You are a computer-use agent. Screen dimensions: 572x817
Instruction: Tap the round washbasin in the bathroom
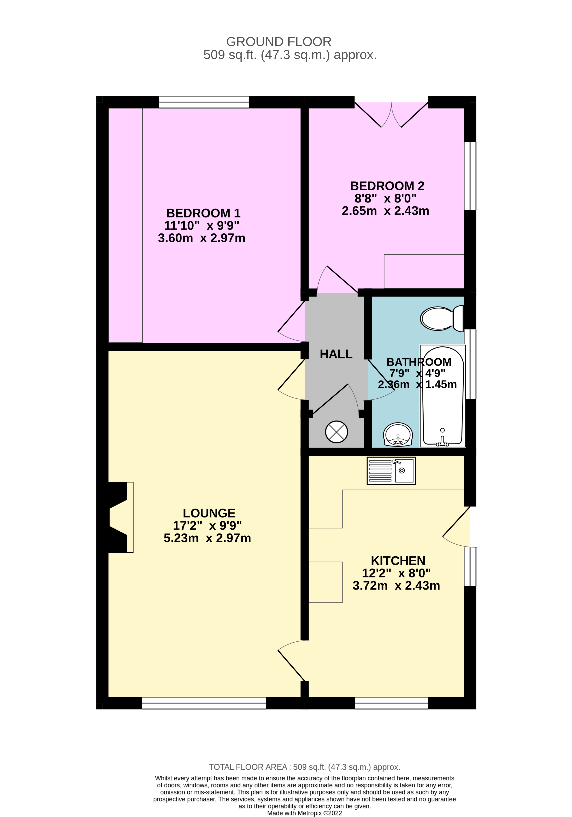pos(398,435)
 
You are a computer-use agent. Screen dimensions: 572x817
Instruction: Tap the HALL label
pos(336,354)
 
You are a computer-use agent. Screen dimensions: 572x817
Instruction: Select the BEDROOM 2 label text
pos(387,186)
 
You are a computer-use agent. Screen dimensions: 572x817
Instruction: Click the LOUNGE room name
pos(209,513)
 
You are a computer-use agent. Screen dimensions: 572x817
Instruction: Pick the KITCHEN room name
pos(398,561)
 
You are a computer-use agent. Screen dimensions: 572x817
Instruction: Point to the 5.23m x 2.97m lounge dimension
pos(207,538)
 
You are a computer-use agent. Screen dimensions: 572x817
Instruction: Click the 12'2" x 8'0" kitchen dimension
pos(396,573)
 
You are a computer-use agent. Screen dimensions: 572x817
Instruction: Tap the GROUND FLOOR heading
pos(279,42)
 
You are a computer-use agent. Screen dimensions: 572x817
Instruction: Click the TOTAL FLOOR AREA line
pos(305,767)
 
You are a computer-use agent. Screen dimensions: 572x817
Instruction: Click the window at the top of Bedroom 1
pos(204,102)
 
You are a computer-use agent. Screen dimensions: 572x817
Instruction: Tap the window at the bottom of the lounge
pos(204,703)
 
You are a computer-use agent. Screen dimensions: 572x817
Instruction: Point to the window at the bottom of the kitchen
pos(391,703)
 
